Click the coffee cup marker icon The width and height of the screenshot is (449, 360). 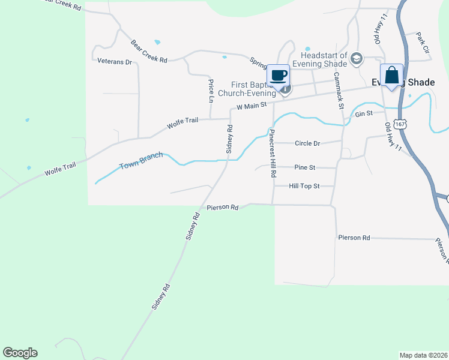point(278,76)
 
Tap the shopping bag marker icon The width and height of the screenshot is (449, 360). point(391,76)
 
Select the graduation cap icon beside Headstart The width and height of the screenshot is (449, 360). point(357,58)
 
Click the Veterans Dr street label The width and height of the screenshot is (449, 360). point(114,61)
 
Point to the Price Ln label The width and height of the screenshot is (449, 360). point(211,90)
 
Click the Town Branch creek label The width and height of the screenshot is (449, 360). point(141,160)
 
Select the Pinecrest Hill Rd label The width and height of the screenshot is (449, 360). point(273,153)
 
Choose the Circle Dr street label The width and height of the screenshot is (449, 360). point(307,143)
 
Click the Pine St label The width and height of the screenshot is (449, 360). point(305,167)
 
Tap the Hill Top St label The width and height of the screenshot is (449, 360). point(303,187)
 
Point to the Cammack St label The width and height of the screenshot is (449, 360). point(338,90)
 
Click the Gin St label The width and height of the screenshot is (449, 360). point(364,113)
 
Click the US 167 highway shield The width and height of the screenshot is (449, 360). point(401,123)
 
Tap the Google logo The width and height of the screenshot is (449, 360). point(20,353)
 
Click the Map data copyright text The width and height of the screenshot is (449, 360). point(423,355)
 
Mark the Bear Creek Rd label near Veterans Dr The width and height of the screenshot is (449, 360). point(149,50)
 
